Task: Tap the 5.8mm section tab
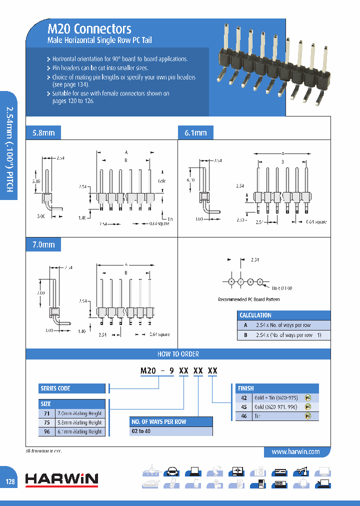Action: click(x=43, y=133)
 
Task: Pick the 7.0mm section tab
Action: click(x=43, y=245)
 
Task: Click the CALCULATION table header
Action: click(x=255, y=315)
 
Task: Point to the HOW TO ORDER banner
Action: click(x=178, y=354)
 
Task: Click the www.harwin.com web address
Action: click(x=295, y=451)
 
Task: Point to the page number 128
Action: click(x=10, y=481)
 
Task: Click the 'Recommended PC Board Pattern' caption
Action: click(x=248, y=299)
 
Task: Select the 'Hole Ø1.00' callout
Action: click(x=281, y=288)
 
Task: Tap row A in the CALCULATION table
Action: click(x=283, y=325)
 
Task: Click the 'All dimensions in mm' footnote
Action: click(x=43, y=451)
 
